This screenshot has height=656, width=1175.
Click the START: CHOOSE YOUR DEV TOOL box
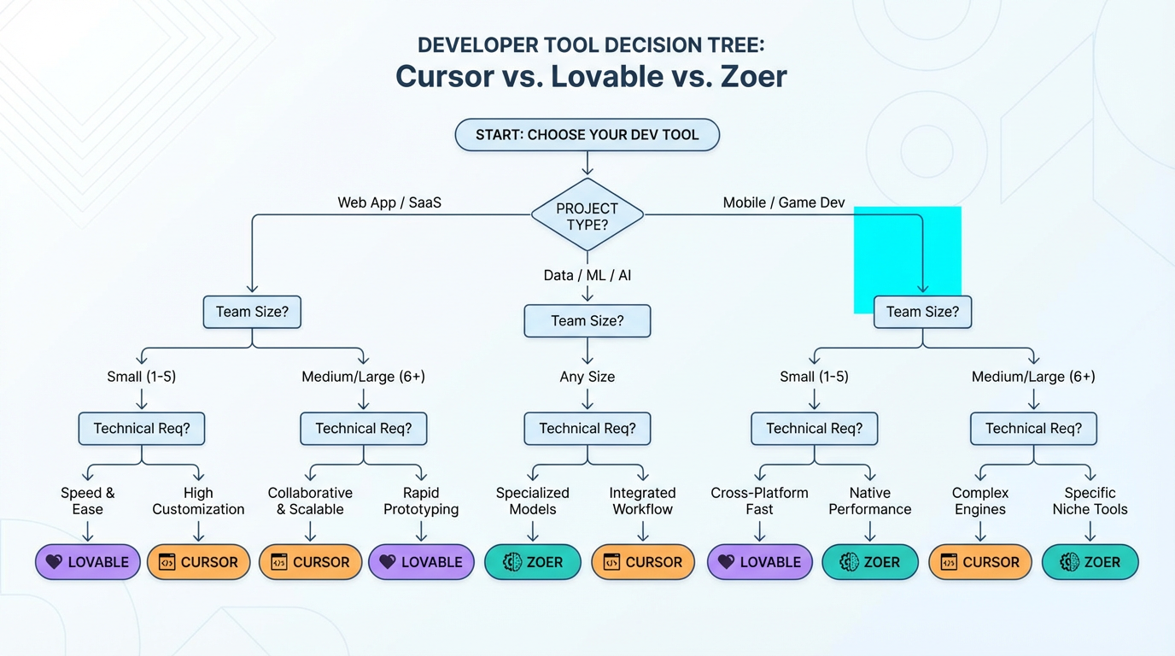coord(587,135)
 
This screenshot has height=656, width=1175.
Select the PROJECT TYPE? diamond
coord(587,215)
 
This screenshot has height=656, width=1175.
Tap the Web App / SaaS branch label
coord(389,202)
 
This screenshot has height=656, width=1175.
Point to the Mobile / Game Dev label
coord(783,202)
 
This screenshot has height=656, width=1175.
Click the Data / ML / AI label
coord(587,275)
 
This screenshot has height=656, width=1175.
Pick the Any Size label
coord(587,377)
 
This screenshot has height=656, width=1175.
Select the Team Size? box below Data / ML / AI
coord(587,321)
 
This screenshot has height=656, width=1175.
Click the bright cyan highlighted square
coord(907,259)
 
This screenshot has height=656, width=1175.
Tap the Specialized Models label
coord(532,501)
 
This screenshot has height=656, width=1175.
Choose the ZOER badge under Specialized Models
coord(533,562)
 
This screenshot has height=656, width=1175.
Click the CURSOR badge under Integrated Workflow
coord(642,562)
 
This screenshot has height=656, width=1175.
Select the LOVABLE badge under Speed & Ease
coord(87,562)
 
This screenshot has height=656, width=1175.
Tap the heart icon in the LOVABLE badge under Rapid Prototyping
coord(388,562)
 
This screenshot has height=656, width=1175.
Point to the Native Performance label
coord(869,501)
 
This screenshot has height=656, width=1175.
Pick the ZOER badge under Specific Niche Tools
coord(1090,562)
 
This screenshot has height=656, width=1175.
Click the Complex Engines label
coord(979,501)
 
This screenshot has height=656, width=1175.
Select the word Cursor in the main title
coord(443,76)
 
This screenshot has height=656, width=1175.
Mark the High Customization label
coord(198,501)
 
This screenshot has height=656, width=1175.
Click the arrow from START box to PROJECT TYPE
coord(587,164)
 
